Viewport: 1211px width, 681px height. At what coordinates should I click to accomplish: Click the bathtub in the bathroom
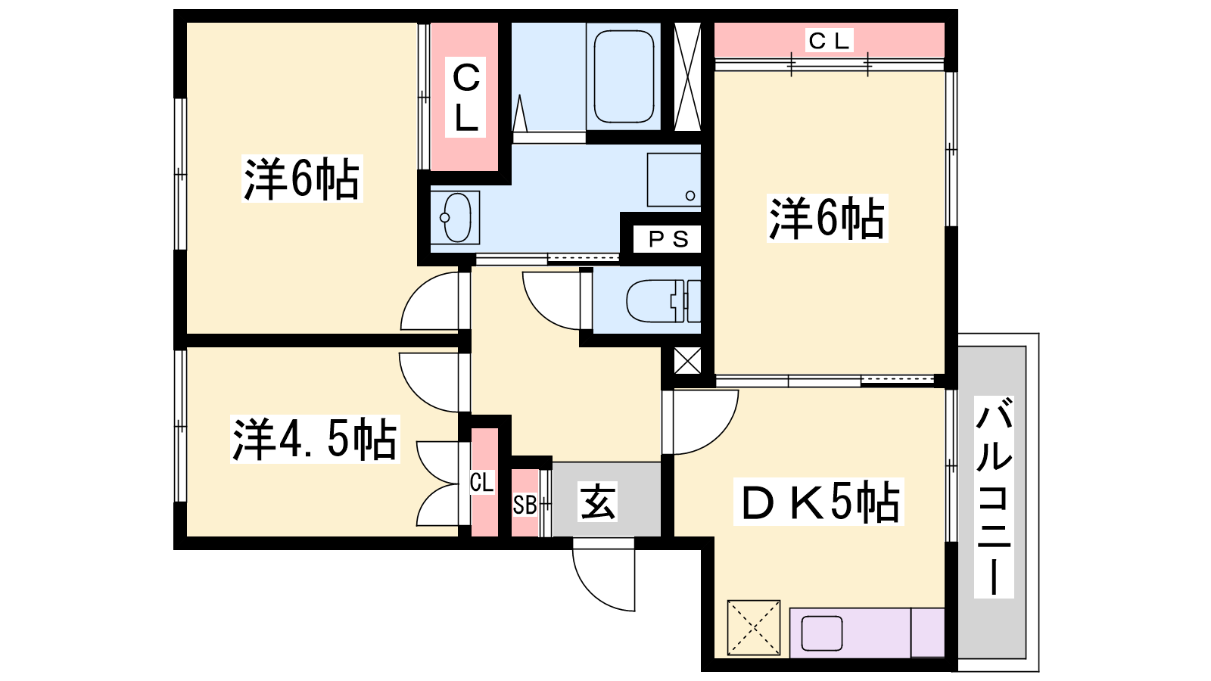point(624,76)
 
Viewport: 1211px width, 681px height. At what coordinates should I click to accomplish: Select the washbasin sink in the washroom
point(456,217)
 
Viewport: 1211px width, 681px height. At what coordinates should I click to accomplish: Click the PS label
point(668,239)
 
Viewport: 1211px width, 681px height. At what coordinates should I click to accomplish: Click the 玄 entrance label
point(597,502)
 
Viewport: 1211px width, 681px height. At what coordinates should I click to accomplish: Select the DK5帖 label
point(818,502)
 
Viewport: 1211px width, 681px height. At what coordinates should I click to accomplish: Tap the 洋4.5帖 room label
point(315,439)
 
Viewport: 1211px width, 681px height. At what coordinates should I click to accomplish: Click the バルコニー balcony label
point(994,496)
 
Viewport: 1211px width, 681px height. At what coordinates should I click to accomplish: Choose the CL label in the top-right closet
point(830,41)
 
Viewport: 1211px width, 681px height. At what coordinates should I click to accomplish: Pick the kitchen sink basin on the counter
point(822,633)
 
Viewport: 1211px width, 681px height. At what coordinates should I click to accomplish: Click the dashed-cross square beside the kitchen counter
point(754,627)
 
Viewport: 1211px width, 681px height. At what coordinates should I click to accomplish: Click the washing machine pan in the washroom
point(674,180)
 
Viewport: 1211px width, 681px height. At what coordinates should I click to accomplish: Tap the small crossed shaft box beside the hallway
point(688,361)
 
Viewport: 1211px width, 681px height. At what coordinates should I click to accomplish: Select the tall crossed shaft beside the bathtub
point(688,76)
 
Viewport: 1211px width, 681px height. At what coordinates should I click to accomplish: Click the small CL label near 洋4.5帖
point(481,482)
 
